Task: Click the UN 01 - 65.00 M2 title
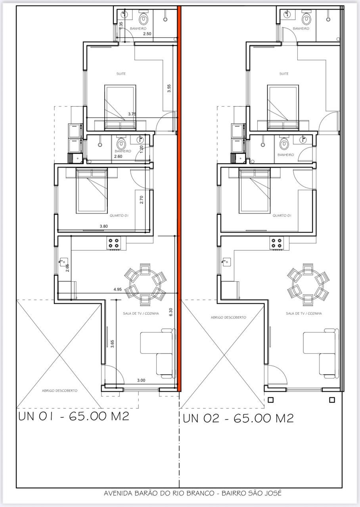[x=74, y=416]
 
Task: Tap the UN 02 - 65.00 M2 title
[x=238, y=418]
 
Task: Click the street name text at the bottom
[x=193, y=493]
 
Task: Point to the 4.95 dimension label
[x=118, y=289]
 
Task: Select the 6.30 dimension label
[x=171, y=312]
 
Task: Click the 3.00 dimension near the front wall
[x=141, y=380]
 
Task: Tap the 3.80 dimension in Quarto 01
[x=104, y=226]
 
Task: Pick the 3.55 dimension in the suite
[x=169, y=88]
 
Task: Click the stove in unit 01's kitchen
[x=113, y=243]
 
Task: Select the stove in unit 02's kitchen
[x=276, y=243]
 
